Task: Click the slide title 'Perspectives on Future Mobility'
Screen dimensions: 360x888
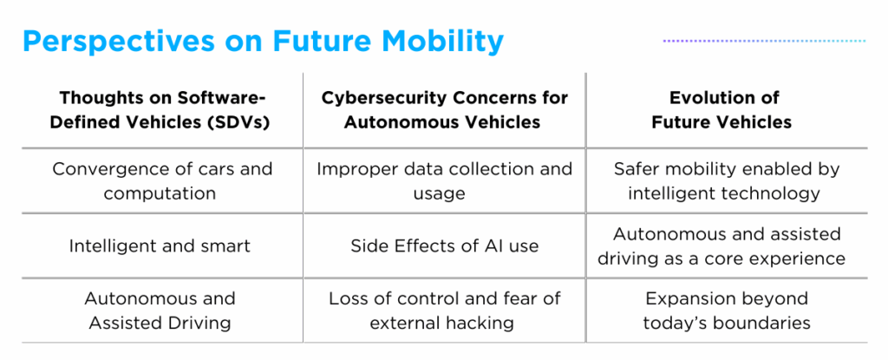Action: tap(262, 41)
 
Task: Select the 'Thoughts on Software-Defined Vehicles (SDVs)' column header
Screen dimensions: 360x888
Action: tap(161, 109)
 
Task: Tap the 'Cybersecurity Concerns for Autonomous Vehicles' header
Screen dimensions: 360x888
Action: tap(443, 109)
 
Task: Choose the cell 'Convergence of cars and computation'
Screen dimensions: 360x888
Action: tap(161, 180)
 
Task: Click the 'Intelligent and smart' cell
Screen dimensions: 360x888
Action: tap(160, 245)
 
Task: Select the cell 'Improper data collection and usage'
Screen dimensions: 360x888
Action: tap(444, 180)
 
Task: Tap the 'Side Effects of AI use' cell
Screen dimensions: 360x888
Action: tap(444, 245)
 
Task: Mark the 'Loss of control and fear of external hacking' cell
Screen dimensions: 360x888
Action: tap(444, 311)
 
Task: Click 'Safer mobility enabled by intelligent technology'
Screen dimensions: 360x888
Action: tap(726, 180)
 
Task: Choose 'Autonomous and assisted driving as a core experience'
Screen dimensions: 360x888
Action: tap(726, 245)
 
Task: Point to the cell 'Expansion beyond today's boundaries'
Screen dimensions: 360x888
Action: tap(726, 311)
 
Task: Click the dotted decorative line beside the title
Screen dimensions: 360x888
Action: tap(764, 41)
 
